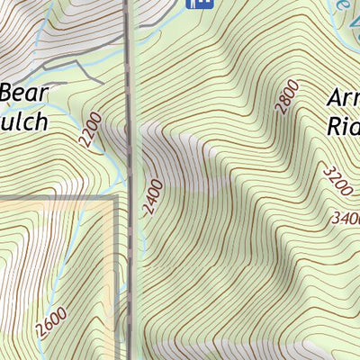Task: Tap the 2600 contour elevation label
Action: point(51,321)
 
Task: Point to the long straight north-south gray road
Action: point(132,180)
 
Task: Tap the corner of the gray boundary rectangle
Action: point(116,197)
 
